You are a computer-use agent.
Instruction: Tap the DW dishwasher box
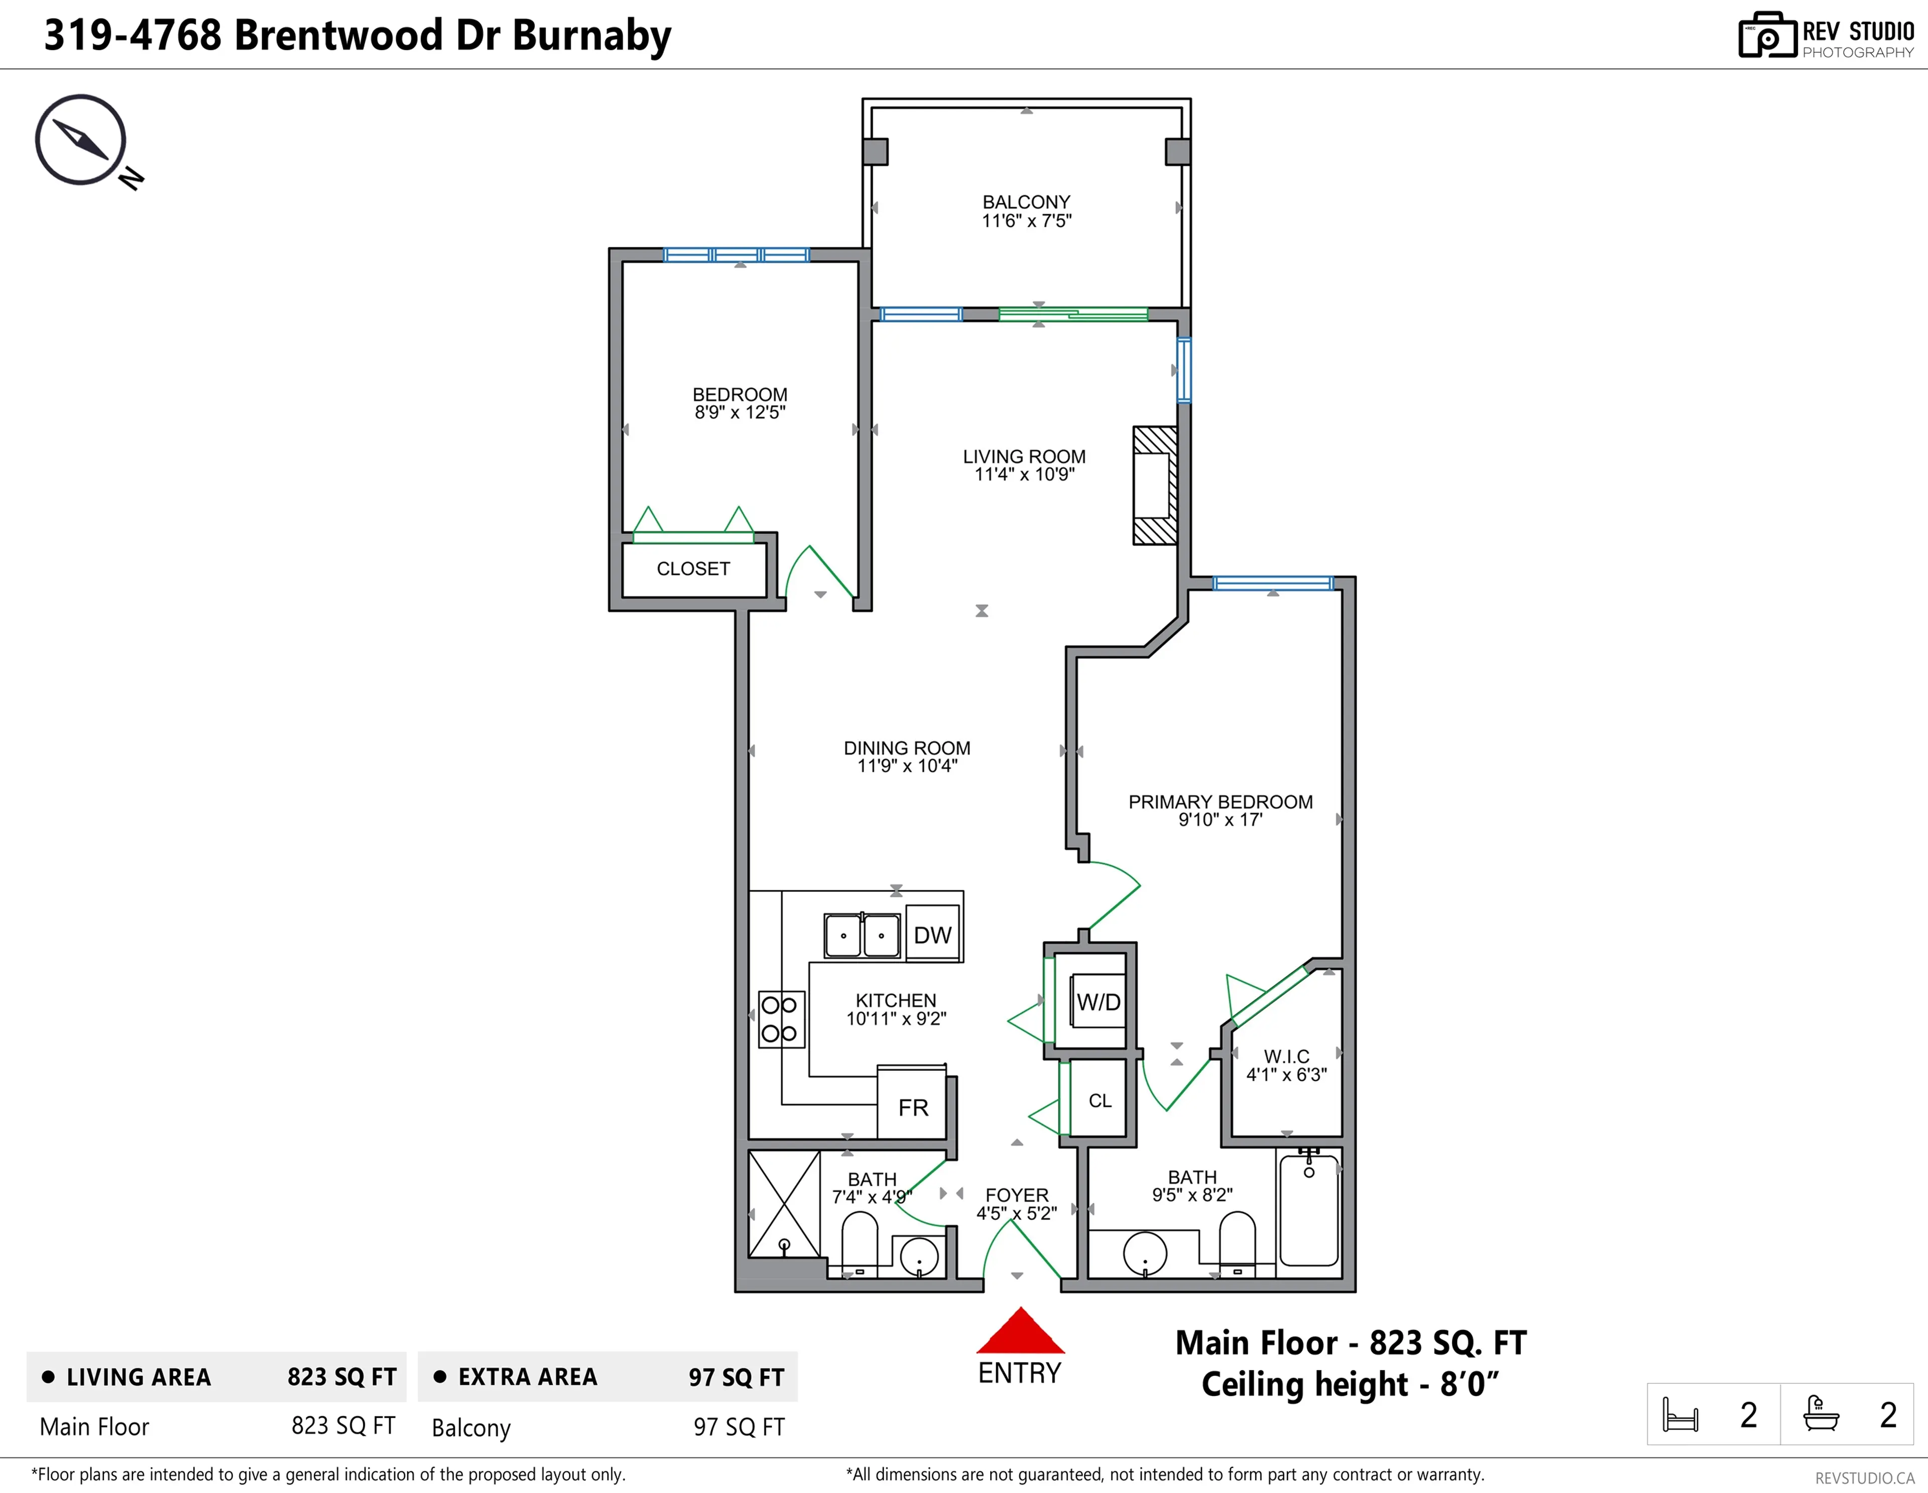pos(932,934)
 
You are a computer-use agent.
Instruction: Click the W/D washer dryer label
pos(1098,1002)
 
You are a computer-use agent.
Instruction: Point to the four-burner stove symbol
pos(780,1019)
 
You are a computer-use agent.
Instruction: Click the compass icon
pos(81,140)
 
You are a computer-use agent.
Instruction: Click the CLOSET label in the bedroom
pos(693,568)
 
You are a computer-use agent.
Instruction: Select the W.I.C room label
pos(1286,1056)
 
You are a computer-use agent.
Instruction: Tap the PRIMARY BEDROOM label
pos(1220,801)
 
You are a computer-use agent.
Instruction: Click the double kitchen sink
pos(862,935)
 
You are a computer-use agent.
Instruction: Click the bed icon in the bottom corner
pos(1680,1415)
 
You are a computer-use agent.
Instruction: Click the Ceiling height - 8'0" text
pos(1350,1384)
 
